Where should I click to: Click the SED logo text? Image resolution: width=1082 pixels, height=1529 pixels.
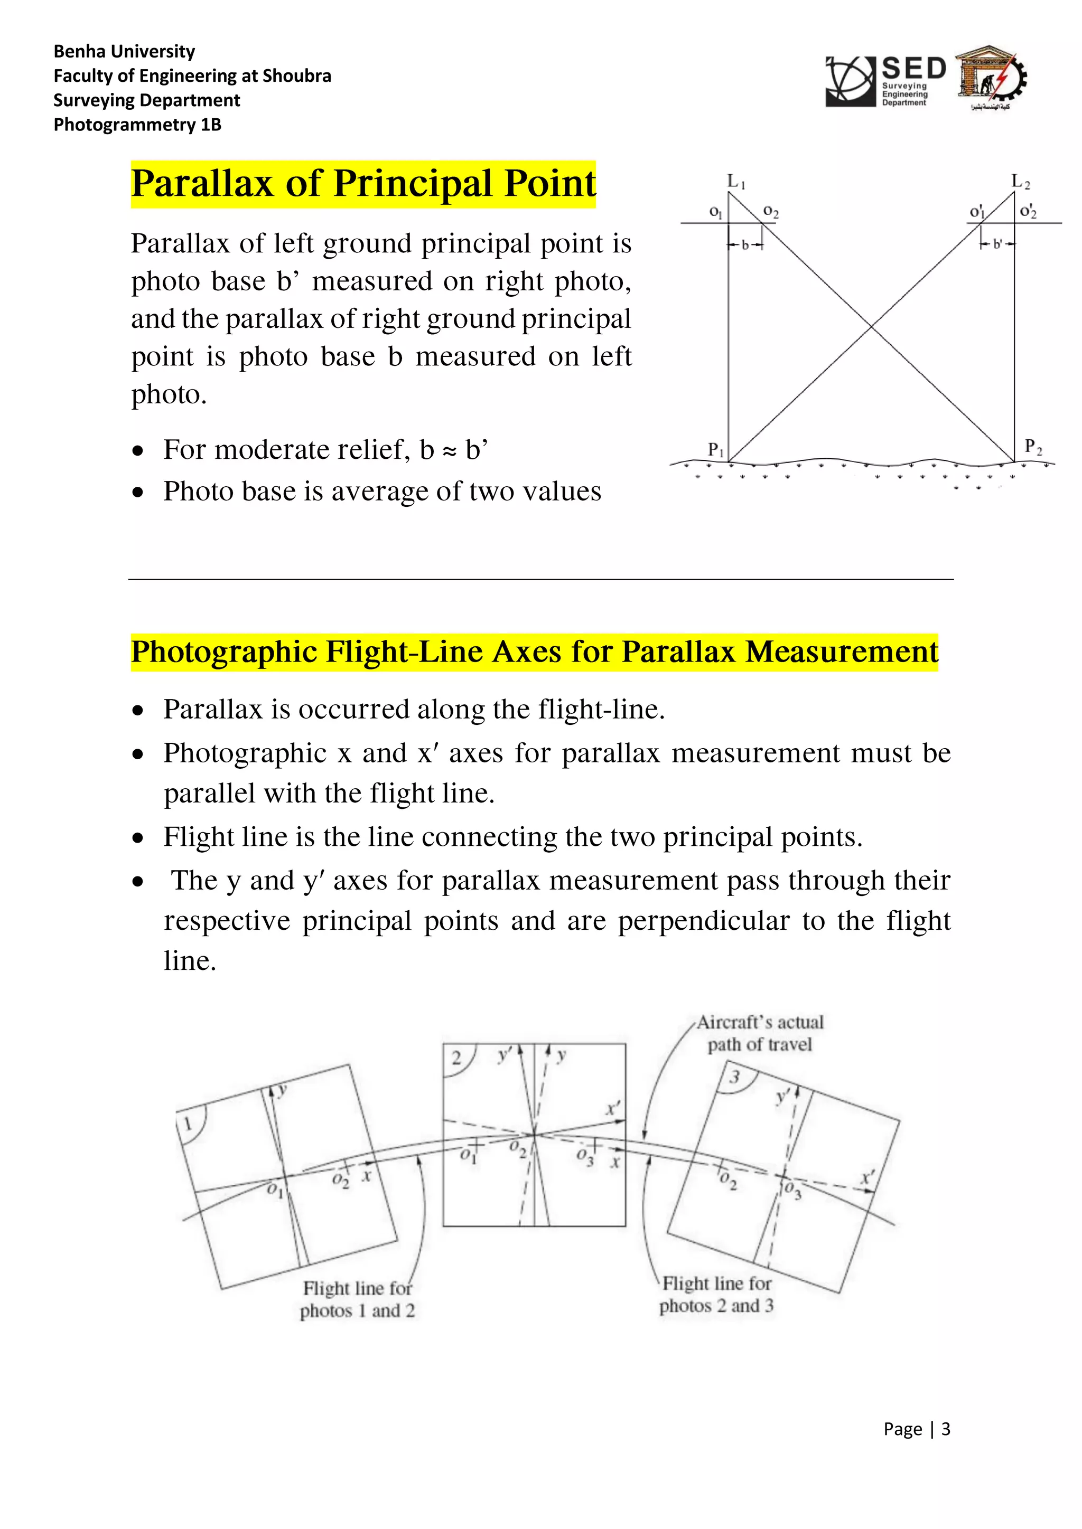click(913, 69)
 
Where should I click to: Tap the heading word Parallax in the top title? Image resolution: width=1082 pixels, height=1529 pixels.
click(202, 184)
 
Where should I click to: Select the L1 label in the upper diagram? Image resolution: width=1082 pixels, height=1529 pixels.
click(735, 181)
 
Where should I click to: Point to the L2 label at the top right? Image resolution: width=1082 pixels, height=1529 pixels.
click(1020, 181)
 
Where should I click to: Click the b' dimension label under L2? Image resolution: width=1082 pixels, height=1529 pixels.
click(997, 244)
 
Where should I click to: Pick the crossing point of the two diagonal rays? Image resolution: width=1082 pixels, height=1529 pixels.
click(871, 326)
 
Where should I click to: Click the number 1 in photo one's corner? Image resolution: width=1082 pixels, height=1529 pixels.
click(188, 1125)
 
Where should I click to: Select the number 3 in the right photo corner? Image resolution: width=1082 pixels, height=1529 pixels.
click(734, 1077)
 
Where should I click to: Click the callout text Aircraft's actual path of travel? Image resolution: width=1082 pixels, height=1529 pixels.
click(760, 1033)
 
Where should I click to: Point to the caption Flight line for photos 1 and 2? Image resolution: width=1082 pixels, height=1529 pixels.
click(357, 1299)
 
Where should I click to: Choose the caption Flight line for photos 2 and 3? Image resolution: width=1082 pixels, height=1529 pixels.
click(716, 1294)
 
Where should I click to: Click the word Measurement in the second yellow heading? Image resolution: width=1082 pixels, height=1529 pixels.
click(841, 652)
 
